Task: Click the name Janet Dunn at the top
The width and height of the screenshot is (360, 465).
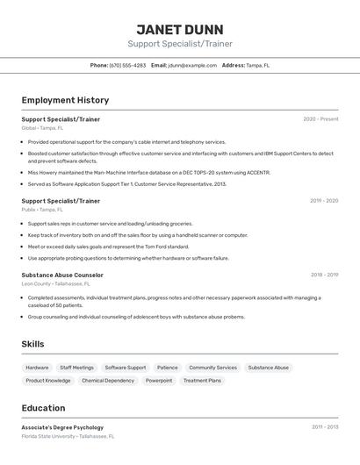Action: pos(179,29)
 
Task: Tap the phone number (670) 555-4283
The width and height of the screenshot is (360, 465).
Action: pos(127,65)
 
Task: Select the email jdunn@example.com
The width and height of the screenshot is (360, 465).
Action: pos(191,65)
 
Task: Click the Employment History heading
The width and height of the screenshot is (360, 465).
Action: pos(65,100)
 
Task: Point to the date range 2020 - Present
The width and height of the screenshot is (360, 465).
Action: pos(320,118)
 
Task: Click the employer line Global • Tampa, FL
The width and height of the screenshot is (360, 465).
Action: pos(42,128)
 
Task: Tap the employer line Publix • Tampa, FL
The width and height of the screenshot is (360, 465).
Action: pos(42,210)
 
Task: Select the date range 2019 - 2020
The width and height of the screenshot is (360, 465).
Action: pos(323,201)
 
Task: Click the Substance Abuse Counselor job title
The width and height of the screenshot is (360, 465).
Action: pos(62,275)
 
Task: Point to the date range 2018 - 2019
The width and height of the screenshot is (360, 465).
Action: pos(323,275)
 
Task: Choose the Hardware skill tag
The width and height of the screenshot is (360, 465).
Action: pos(37,368)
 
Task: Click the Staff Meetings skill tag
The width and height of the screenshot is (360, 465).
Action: pos(76,368)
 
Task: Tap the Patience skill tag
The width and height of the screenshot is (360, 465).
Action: pos(167,368)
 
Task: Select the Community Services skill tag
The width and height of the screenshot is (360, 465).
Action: pos(212,368)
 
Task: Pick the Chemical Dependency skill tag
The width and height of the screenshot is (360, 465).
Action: pos(108,381)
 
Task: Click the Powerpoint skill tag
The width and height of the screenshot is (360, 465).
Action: pos(159,381)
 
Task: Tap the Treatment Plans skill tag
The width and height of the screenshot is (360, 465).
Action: pos(202,381)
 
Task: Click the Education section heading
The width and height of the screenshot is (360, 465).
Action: pos(43,408)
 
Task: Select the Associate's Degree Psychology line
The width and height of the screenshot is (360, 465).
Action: pos(62,427)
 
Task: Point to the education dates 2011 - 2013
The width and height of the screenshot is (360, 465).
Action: pos(324,427)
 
